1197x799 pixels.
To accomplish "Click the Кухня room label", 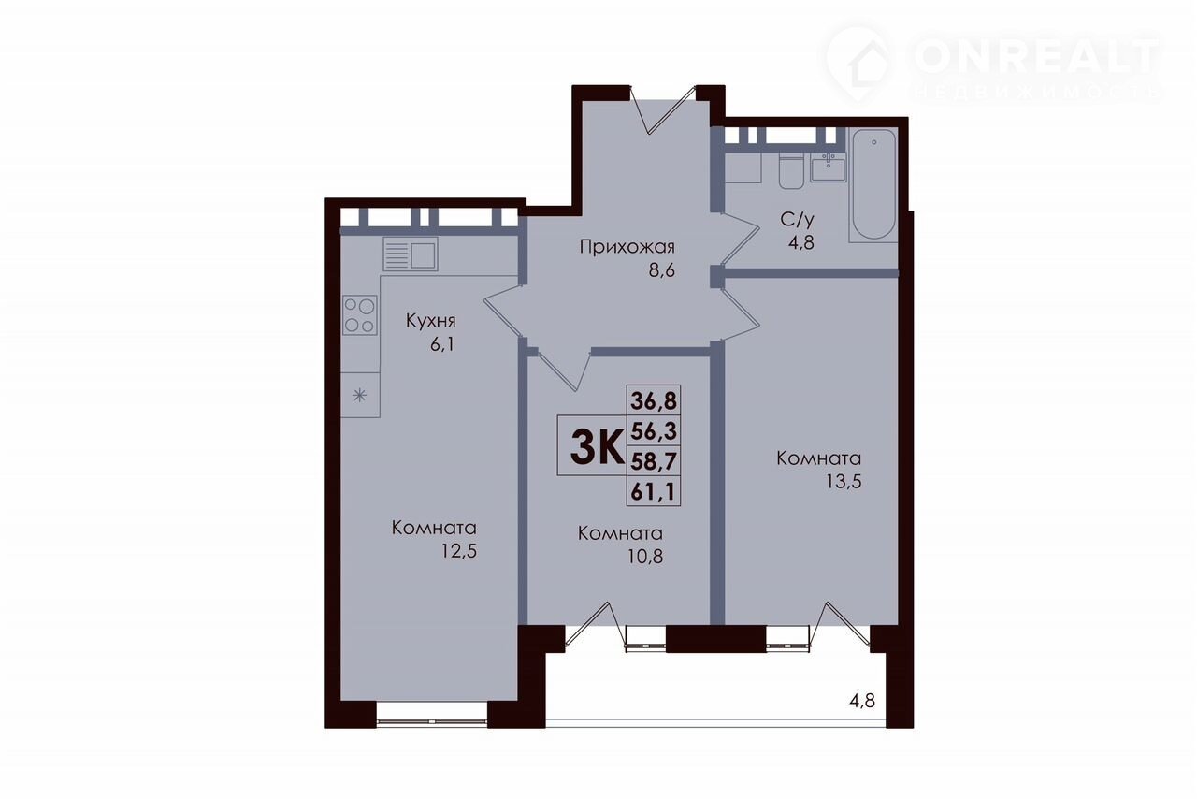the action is [x=431, y=322].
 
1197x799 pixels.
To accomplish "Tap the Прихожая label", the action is [x=627, y=248].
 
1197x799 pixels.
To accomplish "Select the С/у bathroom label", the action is [x=797, y=219].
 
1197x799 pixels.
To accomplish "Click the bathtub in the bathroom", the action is [x=873, y=184].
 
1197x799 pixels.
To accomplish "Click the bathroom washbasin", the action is [x=829, y=167].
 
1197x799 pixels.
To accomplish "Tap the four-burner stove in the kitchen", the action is [x=360, y=315].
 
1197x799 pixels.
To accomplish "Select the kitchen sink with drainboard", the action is [x=411, y=254].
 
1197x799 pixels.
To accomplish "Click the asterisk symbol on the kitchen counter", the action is [x=360, y=396].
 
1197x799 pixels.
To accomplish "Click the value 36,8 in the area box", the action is [x=654, y=400].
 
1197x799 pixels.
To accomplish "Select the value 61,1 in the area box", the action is [x=654, y=491].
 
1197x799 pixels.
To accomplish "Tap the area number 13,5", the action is [x=844, y=482].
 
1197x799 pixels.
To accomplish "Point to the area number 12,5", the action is [x=458, y=551].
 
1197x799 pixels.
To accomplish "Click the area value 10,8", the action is [x=645, y=557].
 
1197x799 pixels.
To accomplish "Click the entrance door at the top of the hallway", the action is [x=663, y=109].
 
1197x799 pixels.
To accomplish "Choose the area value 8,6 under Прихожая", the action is [x=662, y=270].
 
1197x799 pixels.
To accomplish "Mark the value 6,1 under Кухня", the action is [x=442, y=344].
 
